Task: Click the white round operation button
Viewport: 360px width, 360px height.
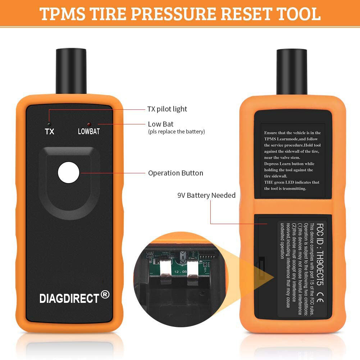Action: pyautogui.click(x=68, y=173)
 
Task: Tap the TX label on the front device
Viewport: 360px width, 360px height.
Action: pyautogui.click(x=50, y=131)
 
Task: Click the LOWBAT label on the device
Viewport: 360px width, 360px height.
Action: pyautogui.click(x=89, y=131)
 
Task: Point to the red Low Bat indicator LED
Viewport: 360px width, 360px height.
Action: pyautogui.click(x=89, y=124)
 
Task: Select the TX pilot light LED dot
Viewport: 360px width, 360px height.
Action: pyautogui.click(x=50, y=124)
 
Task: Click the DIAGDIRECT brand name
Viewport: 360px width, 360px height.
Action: pyautogui.click(x=69, y=298)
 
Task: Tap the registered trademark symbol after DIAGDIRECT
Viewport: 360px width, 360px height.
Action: pyautogui.click(x=105, y=295)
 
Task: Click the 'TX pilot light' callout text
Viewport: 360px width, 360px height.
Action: pyautogui.click(x=167, y=109)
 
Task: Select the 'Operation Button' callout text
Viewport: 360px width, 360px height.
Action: pyautogui.click(x=176, y=173)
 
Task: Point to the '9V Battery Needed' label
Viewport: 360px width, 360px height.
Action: pyautogui.click(x=206, y=195)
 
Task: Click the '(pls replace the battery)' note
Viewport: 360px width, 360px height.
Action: pyautogui.click(x=176, y=132)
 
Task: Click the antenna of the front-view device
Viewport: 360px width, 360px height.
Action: pyautogui.click(x=71, y=70)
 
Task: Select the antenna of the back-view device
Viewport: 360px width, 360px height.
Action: pyautogui.click(x=292, y=70)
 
